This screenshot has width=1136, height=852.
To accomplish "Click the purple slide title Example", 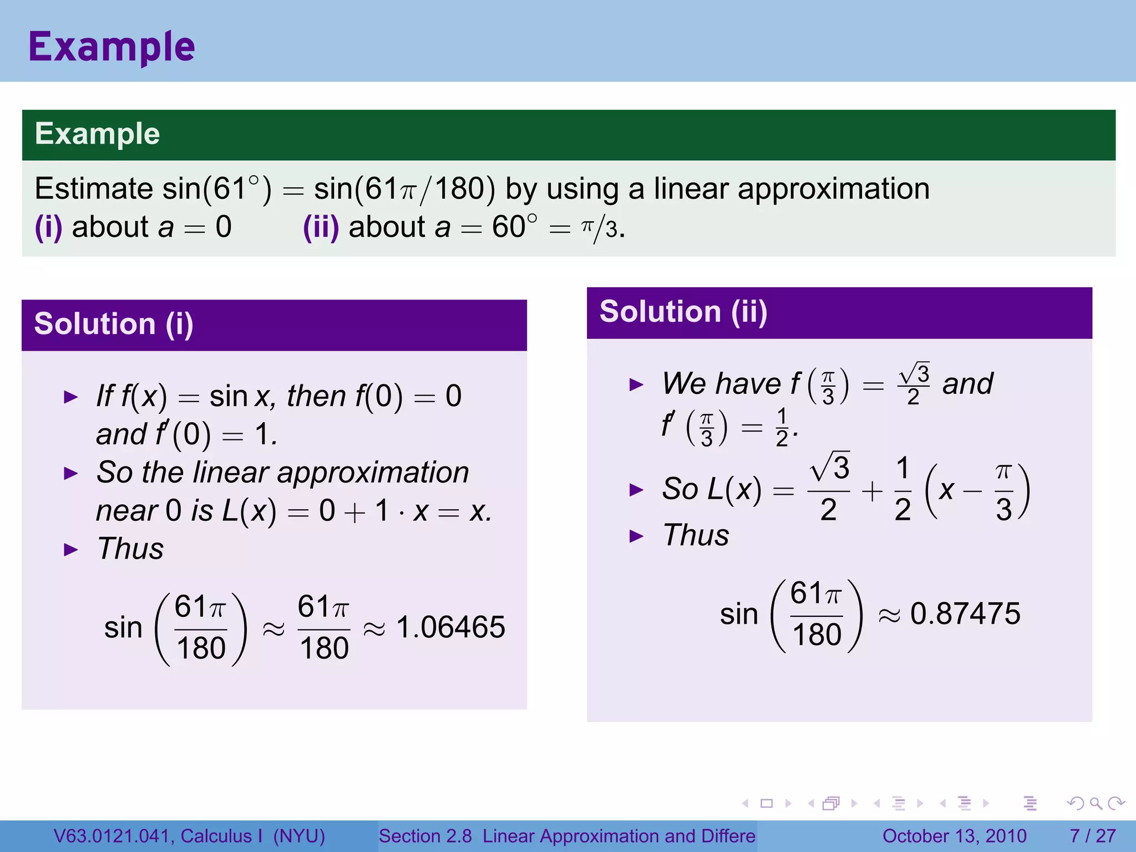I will pyautogui.click(x=111, y=47).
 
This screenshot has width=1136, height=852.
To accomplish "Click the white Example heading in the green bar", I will pyautogui.click(x=97, y=134).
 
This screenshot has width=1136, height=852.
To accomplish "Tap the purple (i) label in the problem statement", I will pyautogui.click(x=48, y=227).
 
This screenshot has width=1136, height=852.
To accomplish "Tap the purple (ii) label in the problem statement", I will pyautogui.click(x=321, y=227).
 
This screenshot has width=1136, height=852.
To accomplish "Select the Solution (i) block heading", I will pyautogui.click(x=114, y=324).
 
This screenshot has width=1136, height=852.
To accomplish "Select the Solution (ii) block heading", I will pyautogui.click(x=683, y=312).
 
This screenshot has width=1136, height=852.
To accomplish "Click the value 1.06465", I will pyautogui.click(x=450, y=627).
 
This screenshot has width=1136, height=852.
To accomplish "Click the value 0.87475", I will pyautogui.click(x=965, y=613).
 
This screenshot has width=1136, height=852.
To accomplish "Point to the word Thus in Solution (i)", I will pyautogui.click(x=130, y=549).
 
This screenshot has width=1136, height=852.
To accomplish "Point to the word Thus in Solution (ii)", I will pyautogui.click(x=696, y=535).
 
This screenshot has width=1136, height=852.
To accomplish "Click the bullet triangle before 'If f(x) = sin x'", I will pyautogui.click(x=71, y=397).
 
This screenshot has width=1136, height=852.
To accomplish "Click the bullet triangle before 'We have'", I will pyautogui.click(x=636, y=384).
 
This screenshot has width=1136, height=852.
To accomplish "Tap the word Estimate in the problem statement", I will pyautogui.click(x=93, y=189).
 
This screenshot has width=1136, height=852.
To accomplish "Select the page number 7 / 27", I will pyautogui.click(x=1092, y=836).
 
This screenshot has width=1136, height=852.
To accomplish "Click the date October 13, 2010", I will pyautogui.click(x=954, y=836).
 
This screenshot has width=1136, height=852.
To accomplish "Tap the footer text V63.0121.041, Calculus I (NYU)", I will pyautogui.click(x=189, y=836).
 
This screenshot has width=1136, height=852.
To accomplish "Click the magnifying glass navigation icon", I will pyautogui.click(x=1096, y=803).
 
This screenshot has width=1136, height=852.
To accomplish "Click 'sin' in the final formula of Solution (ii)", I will pyautogui.click(x=738, y=615).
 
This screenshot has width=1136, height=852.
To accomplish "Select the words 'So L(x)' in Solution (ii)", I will pyautogui.click(x=712, y=489).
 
